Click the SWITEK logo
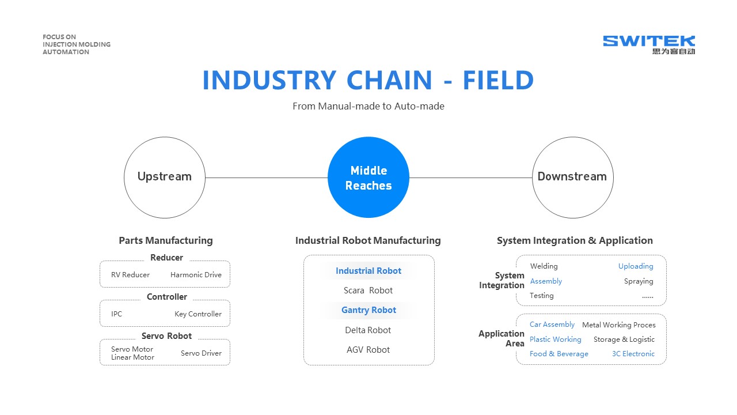click(649, 44)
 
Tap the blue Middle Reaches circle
click(368, 178)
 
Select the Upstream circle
click(165, 178)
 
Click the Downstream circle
click(572, 178)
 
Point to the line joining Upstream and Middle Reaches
click(266, 178)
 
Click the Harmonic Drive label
click(196, 275)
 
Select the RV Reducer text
click(130, 275)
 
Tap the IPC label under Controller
click(116, 314)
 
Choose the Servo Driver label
click(201, 353)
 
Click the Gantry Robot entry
click(368, 310)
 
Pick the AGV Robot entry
click(368, 350)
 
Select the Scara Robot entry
click(368, 290)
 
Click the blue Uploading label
click(636, 266)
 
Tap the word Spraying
click(639, 281)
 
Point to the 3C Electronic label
click(633, 354)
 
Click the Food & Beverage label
click(559, 354)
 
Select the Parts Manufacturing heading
click(166, 240)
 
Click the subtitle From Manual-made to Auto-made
click(368, 106)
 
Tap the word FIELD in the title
click(498, 81)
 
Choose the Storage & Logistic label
click(624, 339)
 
